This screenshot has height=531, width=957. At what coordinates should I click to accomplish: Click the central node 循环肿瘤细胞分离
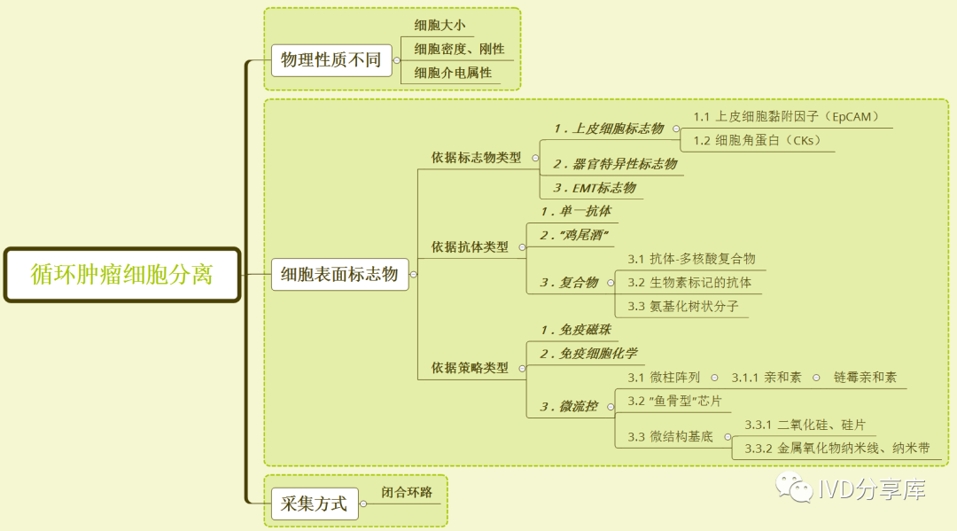tap(122, 274)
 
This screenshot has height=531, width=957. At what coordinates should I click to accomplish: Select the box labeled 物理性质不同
tap(331, 60)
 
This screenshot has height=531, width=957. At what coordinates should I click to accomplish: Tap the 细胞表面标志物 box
tap(339, 274)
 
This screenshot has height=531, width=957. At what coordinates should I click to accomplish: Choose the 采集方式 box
tap(314, 504)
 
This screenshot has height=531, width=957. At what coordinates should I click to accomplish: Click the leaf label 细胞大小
tap(440, 25)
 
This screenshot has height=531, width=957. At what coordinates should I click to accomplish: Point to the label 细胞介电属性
tap(453, 73)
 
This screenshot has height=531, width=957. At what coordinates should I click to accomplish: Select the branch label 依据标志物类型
tap(476, 158)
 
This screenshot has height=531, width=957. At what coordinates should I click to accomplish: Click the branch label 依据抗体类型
tap(470, 246)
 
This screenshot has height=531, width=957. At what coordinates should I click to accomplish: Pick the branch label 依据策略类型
tap(470, 367)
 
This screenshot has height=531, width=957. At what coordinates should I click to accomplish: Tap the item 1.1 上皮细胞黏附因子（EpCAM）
tap(785, 117)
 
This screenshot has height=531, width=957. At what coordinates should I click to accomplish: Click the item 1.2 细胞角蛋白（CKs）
tap(757, 140)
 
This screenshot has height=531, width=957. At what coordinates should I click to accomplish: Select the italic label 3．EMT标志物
tap(594, 188)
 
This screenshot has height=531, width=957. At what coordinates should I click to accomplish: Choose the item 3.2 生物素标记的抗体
tap(689, 283)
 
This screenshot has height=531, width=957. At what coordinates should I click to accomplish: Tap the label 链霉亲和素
tap(865, 378)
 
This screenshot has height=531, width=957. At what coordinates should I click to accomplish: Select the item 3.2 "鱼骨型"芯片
tap(674, 402)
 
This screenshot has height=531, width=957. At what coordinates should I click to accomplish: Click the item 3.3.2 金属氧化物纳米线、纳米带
tap(836, 449)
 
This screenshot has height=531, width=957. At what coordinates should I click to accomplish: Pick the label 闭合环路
tap(407, 493)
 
